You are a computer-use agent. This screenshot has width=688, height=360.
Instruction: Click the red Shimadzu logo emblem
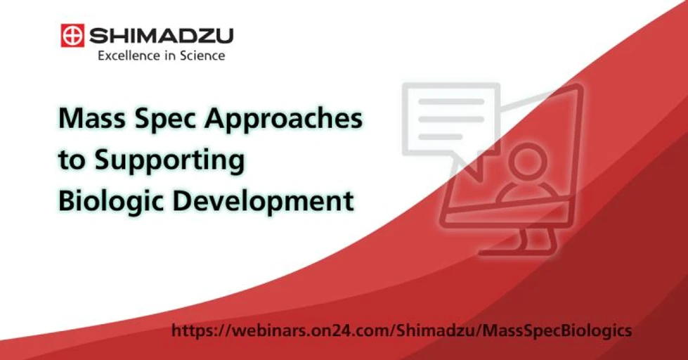coord(72,35)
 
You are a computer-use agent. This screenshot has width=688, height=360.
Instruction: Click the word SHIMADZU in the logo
coord(159,35)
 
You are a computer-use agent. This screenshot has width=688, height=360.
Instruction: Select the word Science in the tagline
coord(202,56)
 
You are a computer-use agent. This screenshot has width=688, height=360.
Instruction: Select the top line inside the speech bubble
coord(450,102)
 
